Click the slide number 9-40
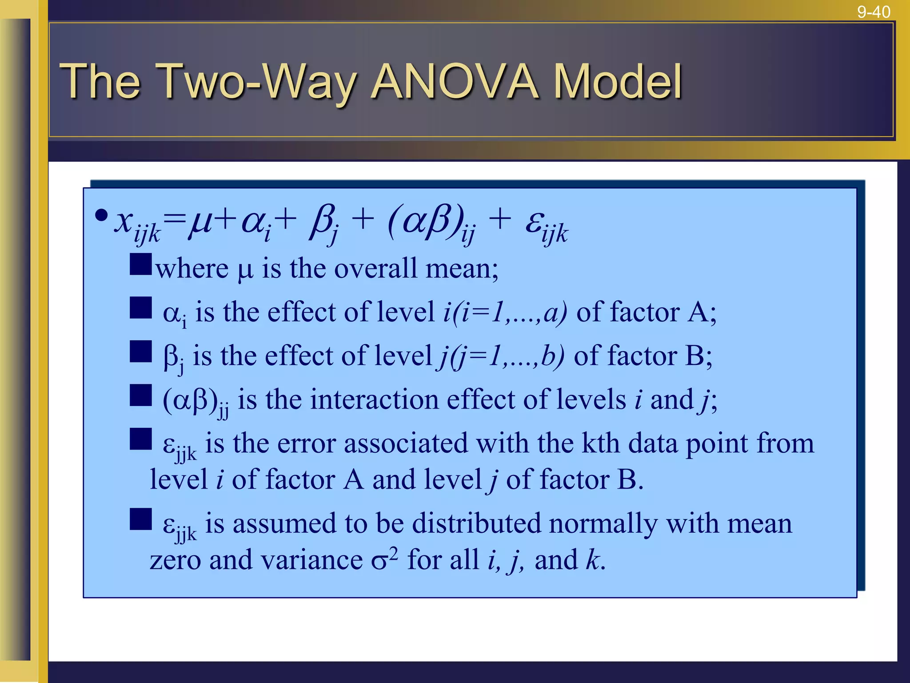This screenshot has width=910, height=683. pos(874,12)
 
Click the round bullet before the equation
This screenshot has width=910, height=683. pos(101,216)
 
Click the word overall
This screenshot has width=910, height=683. pos(375,269)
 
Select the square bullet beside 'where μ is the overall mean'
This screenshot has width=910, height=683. pos(140,264)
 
